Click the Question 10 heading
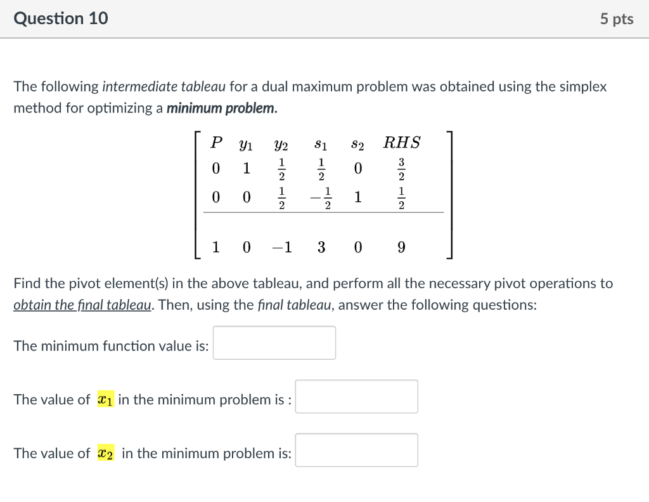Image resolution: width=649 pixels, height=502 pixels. [61, 18]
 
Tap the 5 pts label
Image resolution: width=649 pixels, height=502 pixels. [617, 19]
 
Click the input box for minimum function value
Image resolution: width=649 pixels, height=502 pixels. [274, 343]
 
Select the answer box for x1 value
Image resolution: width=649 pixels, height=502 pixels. [356, 397]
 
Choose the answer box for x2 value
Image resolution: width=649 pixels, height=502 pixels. [356, 450]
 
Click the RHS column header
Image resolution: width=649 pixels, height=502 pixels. [402, 143]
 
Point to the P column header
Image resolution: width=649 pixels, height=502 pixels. [216, 143]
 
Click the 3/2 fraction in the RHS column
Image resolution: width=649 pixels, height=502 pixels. [401, 169]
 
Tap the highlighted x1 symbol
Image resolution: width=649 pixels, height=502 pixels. [104, 400]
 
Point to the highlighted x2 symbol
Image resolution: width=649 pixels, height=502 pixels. [106, 453]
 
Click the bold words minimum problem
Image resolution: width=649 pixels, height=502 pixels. [221, 108]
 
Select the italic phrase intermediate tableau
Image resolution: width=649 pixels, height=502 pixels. [150, 86]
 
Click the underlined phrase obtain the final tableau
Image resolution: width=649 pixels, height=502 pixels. [82, 305]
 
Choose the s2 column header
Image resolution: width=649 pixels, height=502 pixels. [358, 143]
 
